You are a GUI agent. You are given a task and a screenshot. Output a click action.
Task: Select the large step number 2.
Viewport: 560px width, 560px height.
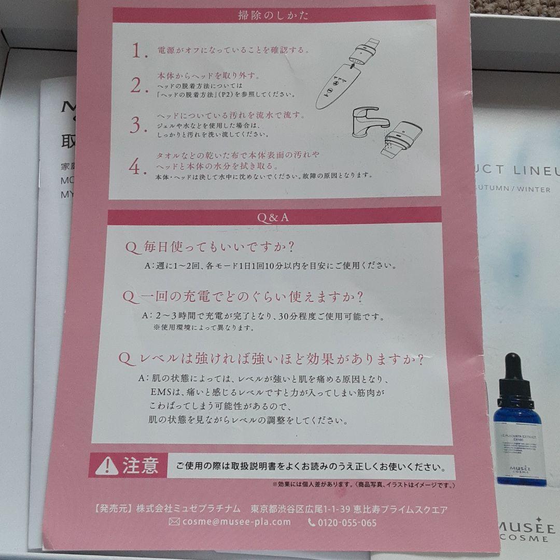click(x=136, y=86)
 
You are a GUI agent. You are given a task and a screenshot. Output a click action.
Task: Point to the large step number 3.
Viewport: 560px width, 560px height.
click(x=136, y=125)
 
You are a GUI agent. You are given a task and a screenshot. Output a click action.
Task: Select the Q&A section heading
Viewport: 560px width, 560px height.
click(x=273, y=218)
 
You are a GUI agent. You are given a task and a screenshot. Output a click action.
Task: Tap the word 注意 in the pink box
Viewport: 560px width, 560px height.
click(x=140, y=465)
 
